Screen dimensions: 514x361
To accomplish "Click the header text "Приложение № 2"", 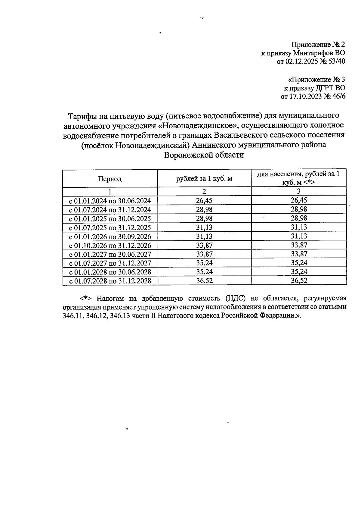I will [x=318, y=45].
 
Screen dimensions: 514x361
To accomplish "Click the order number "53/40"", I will [x=336, y=61].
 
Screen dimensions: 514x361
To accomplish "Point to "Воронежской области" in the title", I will [x=204, y=155].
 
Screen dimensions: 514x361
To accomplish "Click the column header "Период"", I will [x=110, y=179].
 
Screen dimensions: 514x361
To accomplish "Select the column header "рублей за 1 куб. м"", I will [x=204, y=179].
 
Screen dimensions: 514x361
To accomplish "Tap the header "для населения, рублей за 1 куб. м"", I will [x=298, y=178].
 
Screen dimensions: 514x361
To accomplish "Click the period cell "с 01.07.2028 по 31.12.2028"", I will [x=110, y=281].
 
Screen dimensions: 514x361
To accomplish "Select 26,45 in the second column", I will [x=204, y=201].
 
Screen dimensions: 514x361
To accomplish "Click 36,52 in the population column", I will [x=299, y=281].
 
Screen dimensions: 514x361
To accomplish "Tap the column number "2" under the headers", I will [x=204, y=192].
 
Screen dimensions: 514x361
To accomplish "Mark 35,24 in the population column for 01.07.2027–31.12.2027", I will [x=299, y=263].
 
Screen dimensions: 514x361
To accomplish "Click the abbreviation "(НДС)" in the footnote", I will [x=235, y=298].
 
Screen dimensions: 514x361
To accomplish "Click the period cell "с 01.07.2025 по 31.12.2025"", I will [x=110, y=228].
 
